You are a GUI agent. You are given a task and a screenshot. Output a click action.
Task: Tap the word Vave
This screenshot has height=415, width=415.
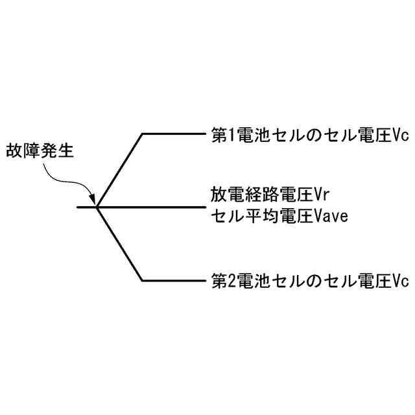pyautogui.click(x=332, y=216)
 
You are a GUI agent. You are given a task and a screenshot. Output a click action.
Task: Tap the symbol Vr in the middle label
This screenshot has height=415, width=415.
pyautogui.click(x=322, y=194)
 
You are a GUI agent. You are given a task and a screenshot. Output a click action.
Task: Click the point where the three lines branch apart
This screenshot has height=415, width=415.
pyautogui.click(x=97, y=207)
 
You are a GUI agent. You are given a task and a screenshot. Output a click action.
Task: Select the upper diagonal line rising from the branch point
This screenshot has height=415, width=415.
pyautogui.click(x=120, y=171)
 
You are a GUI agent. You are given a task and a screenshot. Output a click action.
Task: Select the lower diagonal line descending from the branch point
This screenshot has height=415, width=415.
pyautogui.click(x=120, y=244)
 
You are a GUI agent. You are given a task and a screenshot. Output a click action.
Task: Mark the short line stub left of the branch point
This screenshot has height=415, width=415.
pyautogui.click(x=86, y=207)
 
